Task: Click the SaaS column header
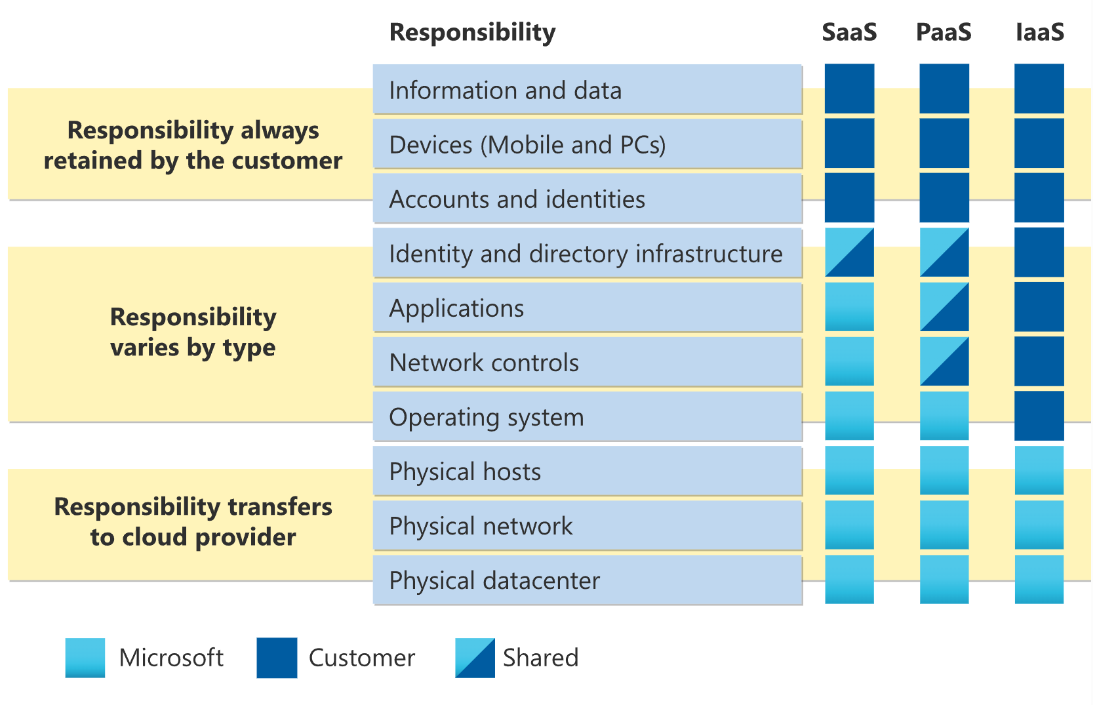pyautogui.click(x=849, y=32)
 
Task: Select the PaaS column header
pyautogui.click(x=944, y=32)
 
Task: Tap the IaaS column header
pyautogui.click(x=1040, y=32)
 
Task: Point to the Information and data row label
pyautogui.click(x=506, y=90)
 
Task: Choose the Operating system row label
pyautogui.click(x=487, y=417)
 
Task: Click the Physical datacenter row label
pyautogui.click(x=494, y=580)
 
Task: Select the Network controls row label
pyautogui.click(x=484, y=363)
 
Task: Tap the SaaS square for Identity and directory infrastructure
pyautogui.click(x=849, y=252)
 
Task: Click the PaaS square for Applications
pyautogui.click(x=944, y=307)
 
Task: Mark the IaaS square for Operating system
pyautogui.click(x=1039, y=415)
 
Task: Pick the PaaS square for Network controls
pyautogui.click(x=944, y=361)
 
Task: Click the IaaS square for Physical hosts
pyautogui.click(x=1039, y=470)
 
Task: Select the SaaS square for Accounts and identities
pyautogui.click(x=849, y=197)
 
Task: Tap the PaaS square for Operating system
pyautogui.click(x=944, y=415)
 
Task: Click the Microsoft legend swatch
pyautogui.click(x=85, y=658)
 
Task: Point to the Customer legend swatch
pyautogui.click(x=277, y=658)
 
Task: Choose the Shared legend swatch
pyautogui.click(x=475, y=658)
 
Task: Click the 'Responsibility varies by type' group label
pyautogui.click(x=193, y=332)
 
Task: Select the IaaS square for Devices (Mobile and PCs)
pyautogui.click(x=1039, y=143)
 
